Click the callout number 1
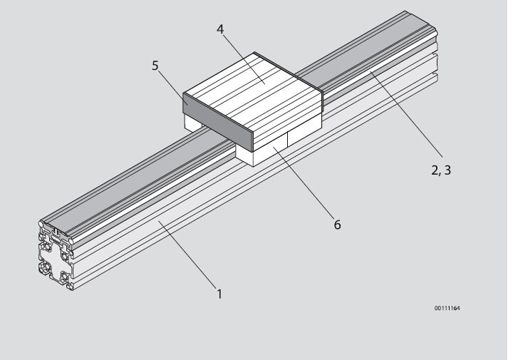click(219, 294)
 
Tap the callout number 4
click(220, 29)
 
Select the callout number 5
click(155, 66)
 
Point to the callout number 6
click(337, 225)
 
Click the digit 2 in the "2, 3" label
click(435, 170)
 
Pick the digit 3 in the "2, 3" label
click(447, 170)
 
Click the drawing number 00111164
click(447, 308)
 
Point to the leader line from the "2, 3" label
click(406, 114)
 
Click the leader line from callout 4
click(244, 58)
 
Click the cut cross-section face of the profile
click(56, 255)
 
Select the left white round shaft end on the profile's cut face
click(41, 224)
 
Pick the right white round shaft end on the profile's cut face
click(71, 242)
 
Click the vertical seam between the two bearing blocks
click(287, 139)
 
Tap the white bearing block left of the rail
click(193, 123)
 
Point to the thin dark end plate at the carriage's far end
click(289, 71)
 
